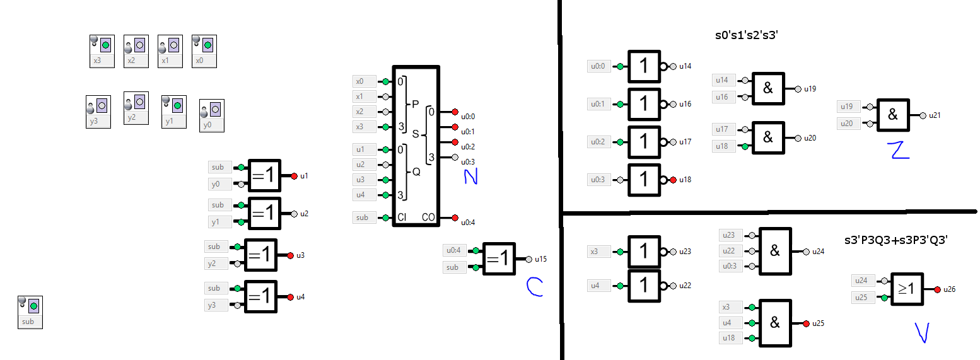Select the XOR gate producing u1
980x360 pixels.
pyautogui.click(x=263, y=176)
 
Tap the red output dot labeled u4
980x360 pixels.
pyautogui.click(x=291, y=297)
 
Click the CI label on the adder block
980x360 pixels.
pyautogui.click(x=402, y=218)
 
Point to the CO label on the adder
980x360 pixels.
pyautogui.click(x=428, y=218)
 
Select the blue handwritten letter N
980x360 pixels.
pyautogui.click(x=470, y=177)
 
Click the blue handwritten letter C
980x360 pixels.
pyautogui.click(x=534, y=287)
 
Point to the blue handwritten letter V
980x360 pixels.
pyautogui.click(x=923, y=332)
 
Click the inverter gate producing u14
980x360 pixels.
pyautogui.click(x=644, y=66)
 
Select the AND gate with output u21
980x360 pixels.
pyautogui.click(x=893, y=115)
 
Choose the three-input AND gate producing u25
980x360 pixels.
pyautogui.click(x=775, y=323)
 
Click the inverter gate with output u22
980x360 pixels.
pyautogui.click(x=644, y=286)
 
